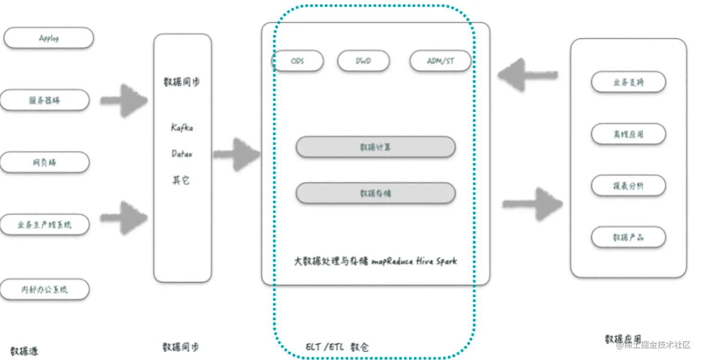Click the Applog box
tap(49, 38)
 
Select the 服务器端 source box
tap(45, 100)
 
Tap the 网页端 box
tap(45, 163)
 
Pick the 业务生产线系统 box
tap(45, 225)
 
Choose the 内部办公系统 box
tap(45, 290)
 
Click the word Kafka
tap(182, 127)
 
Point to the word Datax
tap(182, 154)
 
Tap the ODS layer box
tap(298, 61)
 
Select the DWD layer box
tap(363, 61)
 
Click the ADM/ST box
tap(440, 61)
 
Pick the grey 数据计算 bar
tap(376, 147)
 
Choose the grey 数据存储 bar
tap(376, 193)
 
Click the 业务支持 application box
tap(628, 82)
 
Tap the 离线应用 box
tap(628, 134)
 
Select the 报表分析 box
tap(628, 186)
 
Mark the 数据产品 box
tap(628, 237)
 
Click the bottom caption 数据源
tap(24, 351)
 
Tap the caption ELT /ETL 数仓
tap(337, 347)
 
